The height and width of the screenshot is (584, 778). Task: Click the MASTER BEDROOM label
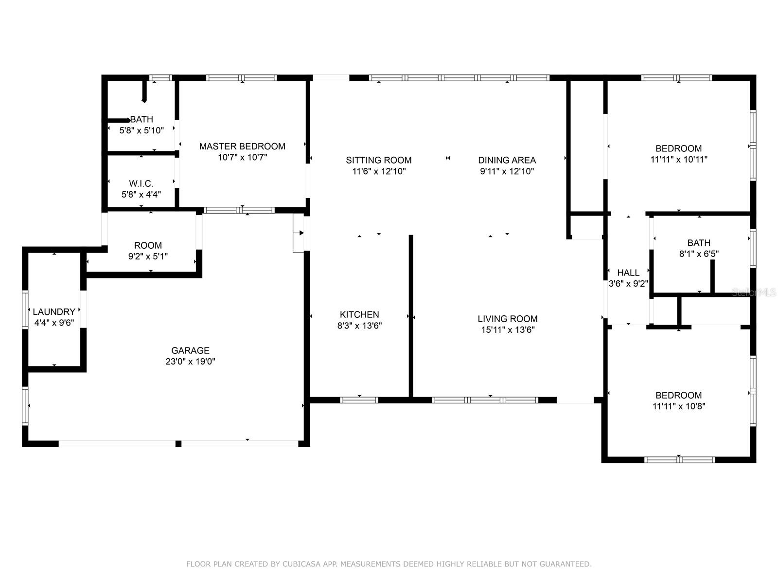click(242, 146)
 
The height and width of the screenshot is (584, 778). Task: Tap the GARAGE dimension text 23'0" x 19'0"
click(190, 362)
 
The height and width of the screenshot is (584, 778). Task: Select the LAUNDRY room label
click(54, 311)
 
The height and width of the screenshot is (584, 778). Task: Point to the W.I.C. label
click(141, 183)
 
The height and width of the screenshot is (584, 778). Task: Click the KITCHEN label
click(359, 314)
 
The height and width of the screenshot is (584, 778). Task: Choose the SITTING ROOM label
click(379, 160)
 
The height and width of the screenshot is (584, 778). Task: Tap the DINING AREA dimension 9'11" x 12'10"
click(507, 171)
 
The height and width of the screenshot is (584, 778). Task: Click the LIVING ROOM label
click(508, 319)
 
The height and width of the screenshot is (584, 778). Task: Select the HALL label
click(628, 273)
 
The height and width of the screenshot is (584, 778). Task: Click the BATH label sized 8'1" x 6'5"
click(699, 243)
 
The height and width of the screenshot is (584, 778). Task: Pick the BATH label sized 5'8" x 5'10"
click(141, 119)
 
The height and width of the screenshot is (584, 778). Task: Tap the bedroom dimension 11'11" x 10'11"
click(679, 160)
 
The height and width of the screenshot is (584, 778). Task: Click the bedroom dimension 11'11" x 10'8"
click(679, 406)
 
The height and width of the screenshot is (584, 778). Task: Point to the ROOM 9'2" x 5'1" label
click(148, 245)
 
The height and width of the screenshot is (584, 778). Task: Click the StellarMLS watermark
click(754, 292)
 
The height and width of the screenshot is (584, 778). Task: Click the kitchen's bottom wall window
click(359, 400)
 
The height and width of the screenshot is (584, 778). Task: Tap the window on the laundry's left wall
click(25, 309)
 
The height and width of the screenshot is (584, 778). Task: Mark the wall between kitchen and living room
click(411, 316)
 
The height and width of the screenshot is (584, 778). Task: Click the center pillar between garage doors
click(178, 444)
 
